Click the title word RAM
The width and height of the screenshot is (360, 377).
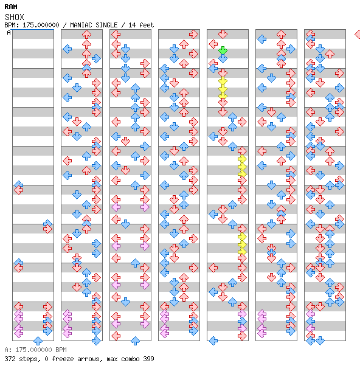[11, 7]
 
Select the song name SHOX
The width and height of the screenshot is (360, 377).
[15, 17]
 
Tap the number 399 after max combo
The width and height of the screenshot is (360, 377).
[148, 359]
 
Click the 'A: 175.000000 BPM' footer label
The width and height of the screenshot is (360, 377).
[36, 350]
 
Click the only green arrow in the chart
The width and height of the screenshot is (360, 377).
[223, 50]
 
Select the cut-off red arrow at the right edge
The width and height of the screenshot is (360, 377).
[358, 35]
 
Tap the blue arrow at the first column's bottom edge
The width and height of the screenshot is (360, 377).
[38, 341]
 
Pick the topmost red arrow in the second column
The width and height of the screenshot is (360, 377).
[86, 35]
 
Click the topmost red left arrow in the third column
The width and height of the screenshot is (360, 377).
[116, 35]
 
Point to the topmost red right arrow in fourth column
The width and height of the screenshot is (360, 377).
[193, 35]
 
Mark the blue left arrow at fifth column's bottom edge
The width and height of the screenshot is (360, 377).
[213, 341]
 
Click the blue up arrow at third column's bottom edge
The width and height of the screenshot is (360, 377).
[136, 341]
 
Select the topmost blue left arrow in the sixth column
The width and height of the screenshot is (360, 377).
[262, 39]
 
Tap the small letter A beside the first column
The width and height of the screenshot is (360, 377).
[9, 32]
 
